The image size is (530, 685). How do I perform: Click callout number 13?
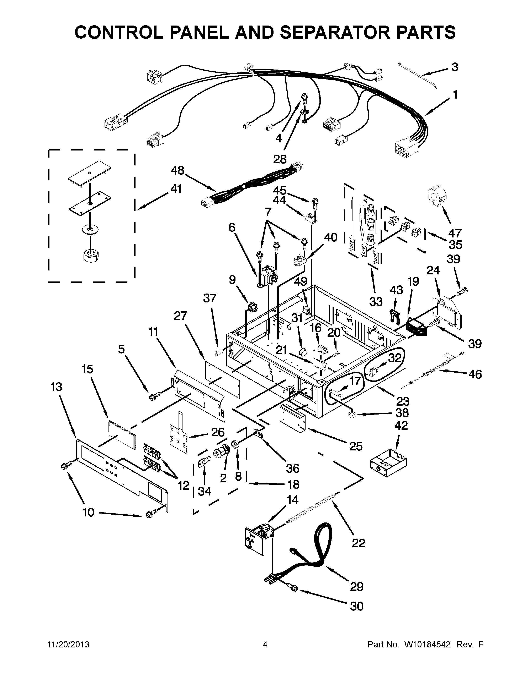(x=57, y=387)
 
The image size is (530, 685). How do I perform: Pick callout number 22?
(x=358, y=543)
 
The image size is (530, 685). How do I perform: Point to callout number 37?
(x=210, y=298)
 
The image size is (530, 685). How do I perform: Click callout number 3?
(x=455, y=67)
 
